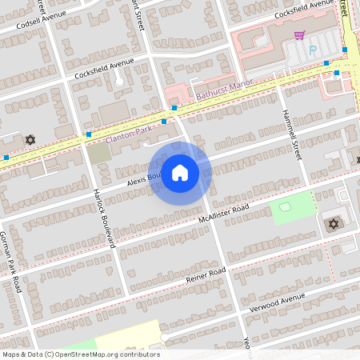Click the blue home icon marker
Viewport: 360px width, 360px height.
(x=180, y=172)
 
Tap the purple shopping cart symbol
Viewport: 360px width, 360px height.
(x=299, y=35)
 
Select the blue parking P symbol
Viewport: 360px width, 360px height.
(x=313, y=49)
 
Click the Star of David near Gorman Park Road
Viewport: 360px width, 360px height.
(x=31, y=140)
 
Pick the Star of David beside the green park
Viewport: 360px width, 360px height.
(x=334, y=223)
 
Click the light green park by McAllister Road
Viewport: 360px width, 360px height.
(x=292, y=207)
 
